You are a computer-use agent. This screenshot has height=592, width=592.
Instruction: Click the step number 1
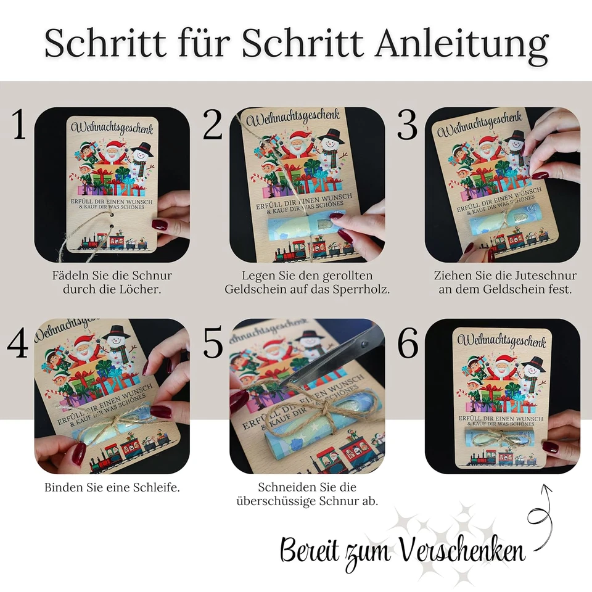(18, 126)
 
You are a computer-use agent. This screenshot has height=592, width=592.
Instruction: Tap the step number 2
(213, 126)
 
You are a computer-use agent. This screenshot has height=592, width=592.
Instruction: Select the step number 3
(407, 126)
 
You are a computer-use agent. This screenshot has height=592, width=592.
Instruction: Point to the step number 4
(18, 343)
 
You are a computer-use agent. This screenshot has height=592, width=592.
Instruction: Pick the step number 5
(213, 343)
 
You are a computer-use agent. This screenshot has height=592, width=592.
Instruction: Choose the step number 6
(408, 343)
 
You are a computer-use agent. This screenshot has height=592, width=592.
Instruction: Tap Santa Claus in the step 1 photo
(113, 150)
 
